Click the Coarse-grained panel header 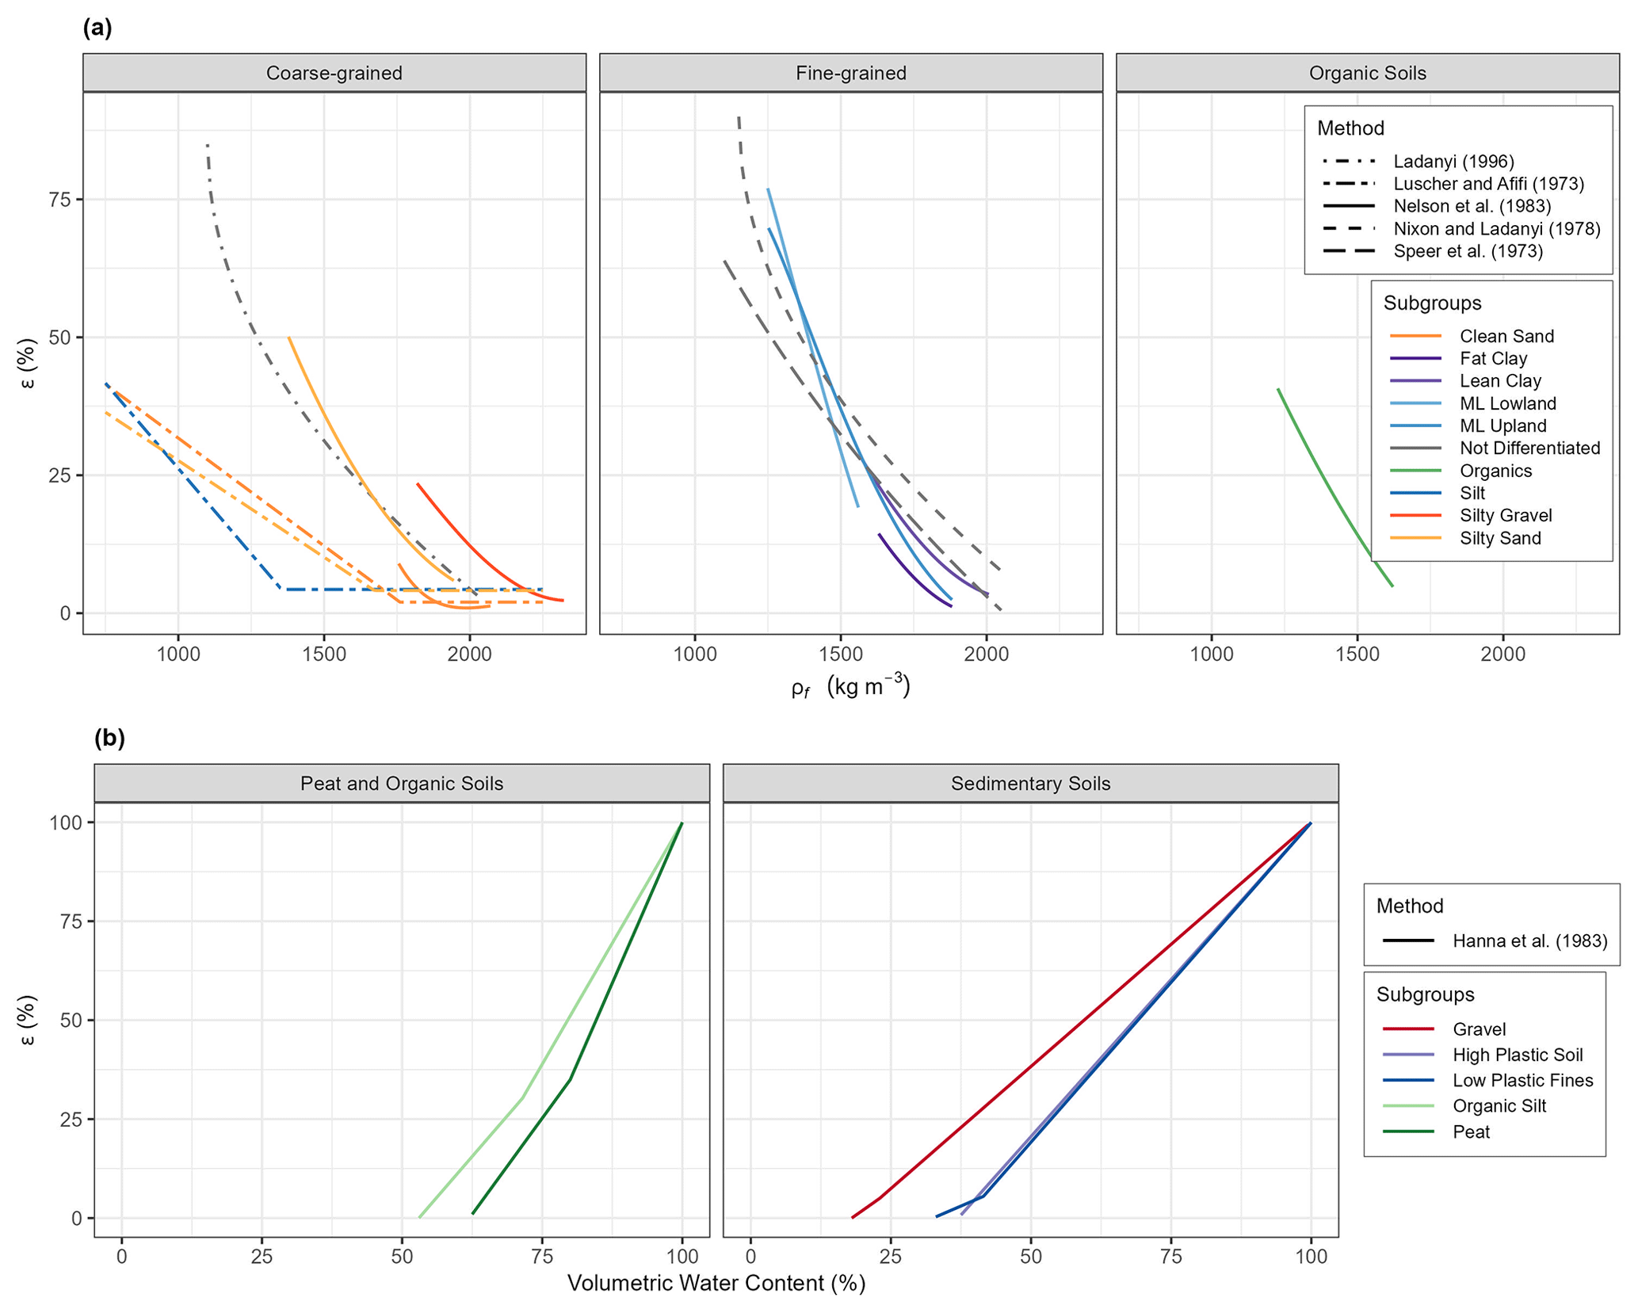[334, 73]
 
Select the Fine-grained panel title [850, 73]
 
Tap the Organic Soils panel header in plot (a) [1367, 73]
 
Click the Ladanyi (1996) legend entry [1453, 162]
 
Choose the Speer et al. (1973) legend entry [1468, 251]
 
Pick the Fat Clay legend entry [1493, 358]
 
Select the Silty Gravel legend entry [1505, 515]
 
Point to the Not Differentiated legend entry [1529, 448]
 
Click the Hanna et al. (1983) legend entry [1529, 941]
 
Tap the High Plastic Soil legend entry [1517, 1055]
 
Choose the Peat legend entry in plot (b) [1471, 1132]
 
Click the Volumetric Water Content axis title [716, 1283]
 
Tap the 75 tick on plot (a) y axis [62, 199]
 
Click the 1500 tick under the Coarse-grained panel [323, 654]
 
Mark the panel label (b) [109, 738]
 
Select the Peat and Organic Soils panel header [401, 784]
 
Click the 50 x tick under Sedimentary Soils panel [1030, 1257]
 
